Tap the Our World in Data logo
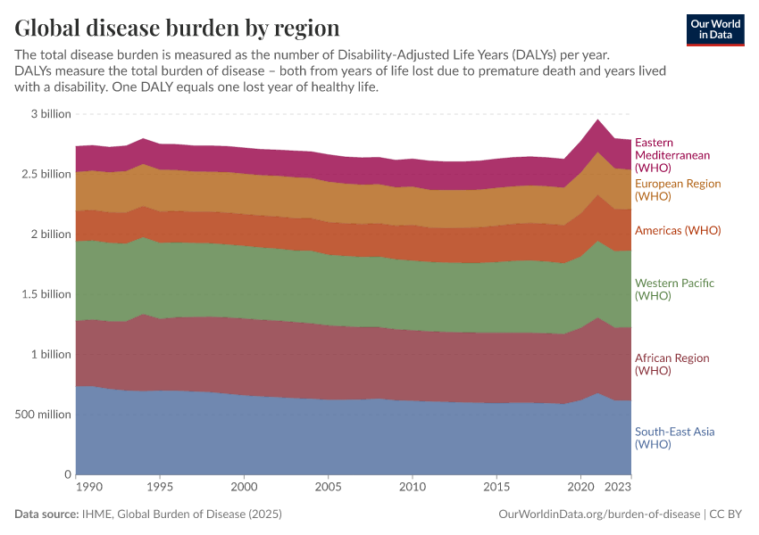pyautogui.click(x=715, y=29)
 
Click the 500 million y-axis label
pyautogui.click(x=42, y=415)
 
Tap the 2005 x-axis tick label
pyautogui.click(x=329, y=488)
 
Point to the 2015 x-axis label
pyautogui.click(x=496, y=488)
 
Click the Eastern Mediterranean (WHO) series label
pyautogui.click(x=672, y=155)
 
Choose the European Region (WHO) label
pyautogui.click(x=677, y=190)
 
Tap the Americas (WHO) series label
pyautogui.click(x=678, y=230)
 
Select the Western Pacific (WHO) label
pyautogui.click(x=674, y=289)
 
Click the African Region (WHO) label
pyautogui.click(x=671, y=364)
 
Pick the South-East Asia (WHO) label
pyautogui.click(x=674, y=438)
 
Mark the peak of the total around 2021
pyautogui.click(x=597, y=119)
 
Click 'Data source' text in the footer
pyautogui.click(x=47, y=514)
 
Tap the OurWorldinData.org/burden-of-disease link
pyautogui.click(x=597, y=514)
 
